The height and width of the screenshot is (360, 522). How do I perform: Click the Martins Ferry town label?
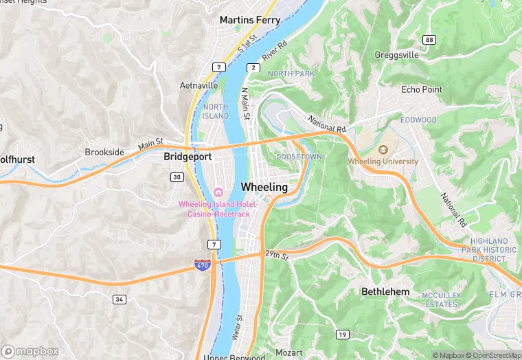point(249,20)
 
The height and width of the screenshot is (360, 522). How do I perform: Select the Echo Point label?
point(422,89)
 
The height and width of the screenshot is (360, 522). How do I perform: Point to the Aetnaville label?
point(198,86)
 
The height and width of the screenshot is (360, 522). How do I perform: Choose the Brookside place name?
point(104,152)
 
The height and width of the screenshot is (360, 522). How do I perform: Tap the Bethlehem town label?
point(385,292)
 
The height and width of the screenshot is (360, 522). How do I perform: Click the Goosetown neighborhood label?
point(298,157)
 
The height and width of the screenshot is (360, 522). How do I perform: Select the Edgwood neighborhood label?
point(418,120)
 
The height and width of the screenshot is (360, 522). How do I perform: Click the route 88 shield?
point(429,40)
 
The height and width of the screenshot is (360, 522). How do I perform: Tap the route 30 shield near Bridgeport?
point(177,177)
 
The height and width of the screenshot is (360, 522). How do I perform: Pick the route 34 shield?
point(120,299)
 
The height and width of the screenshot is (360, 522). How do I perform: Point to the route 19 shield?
point(341,335)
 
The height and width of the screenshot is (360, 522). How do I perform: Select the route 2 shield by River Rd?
point(253,67)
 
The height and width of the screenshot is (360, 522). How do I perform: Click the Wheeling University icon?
point(383,149)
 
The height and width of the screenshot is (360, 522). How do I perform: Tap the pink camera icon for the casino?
point(218,192)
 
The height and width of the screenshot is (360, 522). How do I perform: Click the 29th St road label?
point(277,254)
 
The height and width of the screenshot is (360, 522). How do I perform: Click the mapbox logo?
point(30,351)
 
